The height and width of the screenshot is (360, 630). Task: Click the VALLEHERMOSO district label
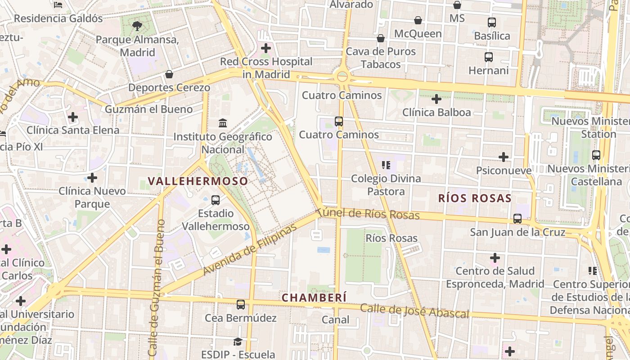tap(198, 181)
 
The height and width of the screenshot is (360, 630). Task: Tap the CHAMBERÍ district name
tap(314, 297)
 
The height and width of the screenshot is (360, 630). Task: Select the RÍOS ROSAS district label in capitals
tap(475, 198)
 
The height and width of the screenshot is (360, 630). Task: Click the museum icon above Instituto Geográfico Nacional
tap(223, 123)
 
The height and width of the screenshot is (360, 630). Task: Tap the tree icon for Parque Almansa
tap(137, 26)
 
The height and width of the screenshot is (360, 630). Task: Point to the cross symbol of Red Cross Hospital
tap(266, 48)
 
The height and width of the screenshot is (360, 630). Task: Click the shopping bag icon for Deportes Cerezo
tap(169, 74)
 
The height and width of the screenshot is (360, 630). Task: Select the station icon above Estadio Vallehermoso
tap(216, 200)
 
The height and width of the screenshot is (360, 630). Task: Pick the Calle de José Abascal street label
tap(414, 311)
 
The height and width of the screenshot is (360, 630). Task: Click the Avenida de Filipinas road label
tap(250, 249)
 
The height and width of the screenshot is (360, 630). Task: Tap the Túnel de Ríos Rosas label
tap(368, 214)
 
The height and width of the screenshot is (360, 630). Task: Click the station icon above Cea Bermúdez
tap(241, 304)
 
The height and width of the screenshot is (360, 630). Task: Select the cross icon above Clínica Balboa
tap(436, 99)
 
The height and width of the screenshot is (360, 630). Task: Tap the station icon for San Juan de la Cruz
tap(517, 219)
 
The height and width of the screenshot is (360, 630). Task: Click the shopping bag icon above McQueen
tap(418, 20)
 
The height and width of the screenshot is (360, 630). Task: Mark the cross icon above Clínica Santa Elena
tap(72, 117)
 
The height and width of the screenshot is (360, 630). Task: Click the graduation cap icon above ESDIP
tap(238, 342)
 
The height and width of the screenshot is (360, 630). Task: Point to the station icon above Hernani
tap(489, 57)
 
